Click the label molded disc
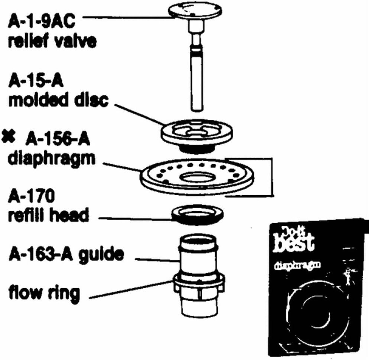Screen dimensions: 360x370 58,100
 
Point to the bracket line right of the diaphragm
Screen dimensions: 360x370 272,177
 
